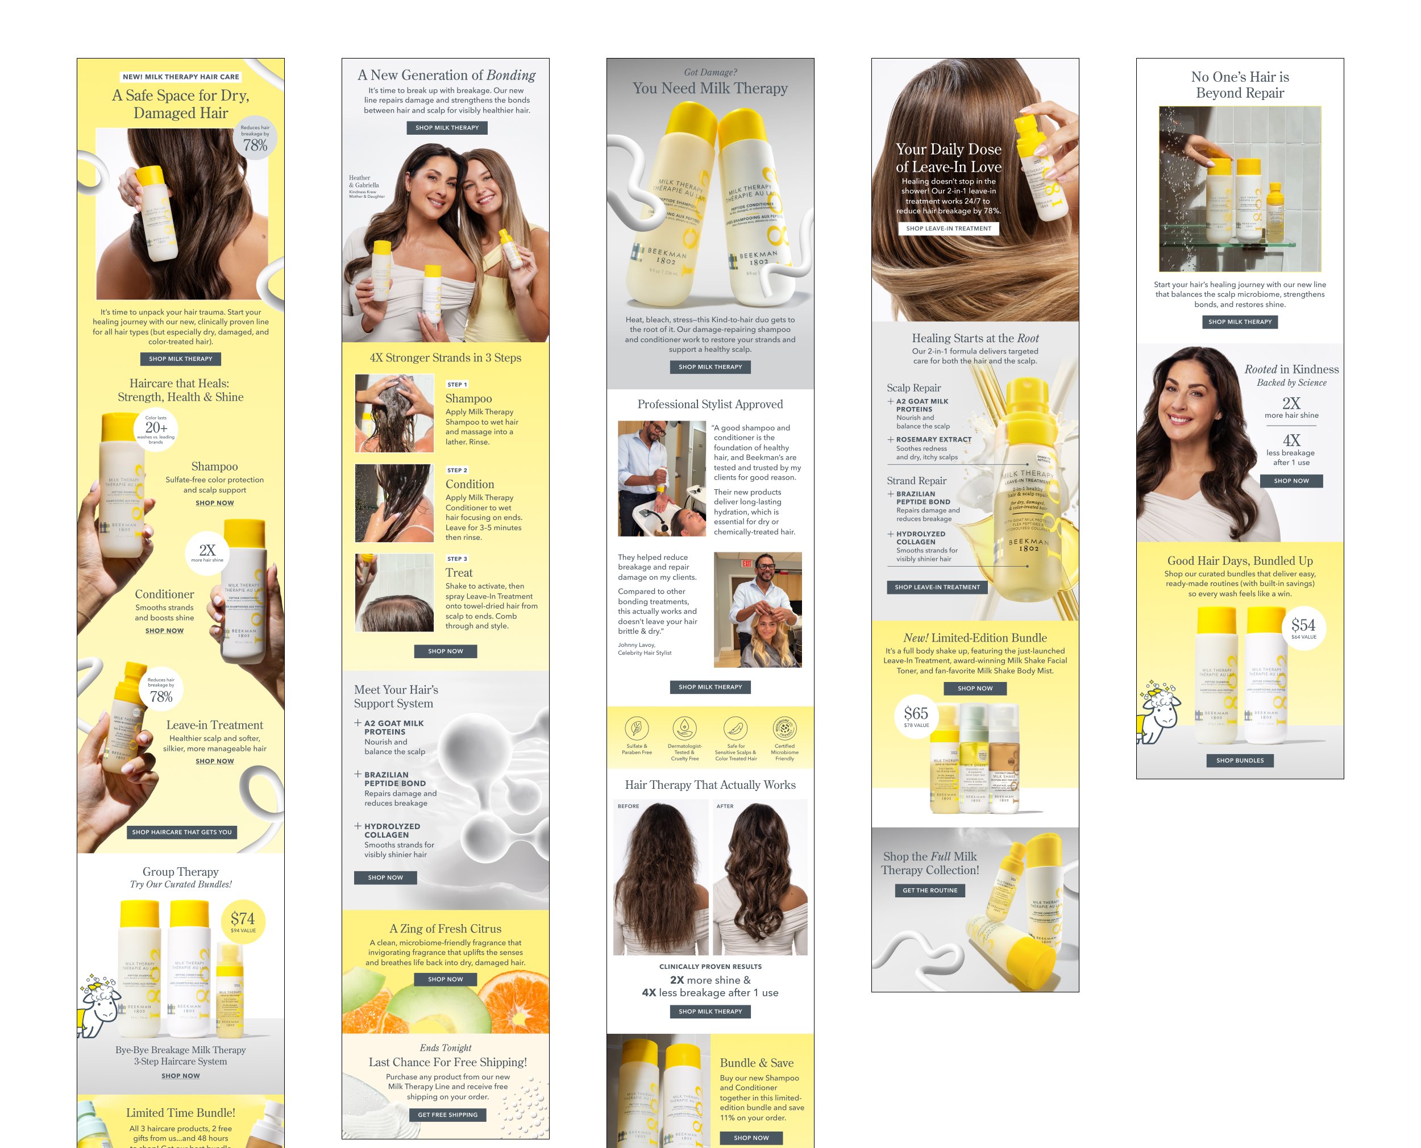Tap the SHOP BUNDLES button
point(1239,760)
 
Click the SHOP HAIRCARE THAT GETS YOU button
point(181,832)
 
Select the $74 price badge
point(243,921)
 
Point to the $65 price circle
point(916,716)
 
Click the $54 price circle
point(1303,627)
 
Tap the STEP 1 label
point(457,384)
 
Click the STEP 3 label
point(457,559)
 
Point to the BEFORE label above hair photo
point(628,806)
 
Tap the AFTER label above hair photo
point(725,806)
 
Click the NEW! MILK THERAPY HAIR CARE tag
point(181,77)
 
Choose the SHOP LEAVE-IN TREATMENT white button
point(948,228)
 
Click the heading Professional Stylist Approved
point(709,404)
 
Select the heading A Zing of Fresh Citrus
point(445,929)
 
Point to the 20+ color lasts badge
point(156,429)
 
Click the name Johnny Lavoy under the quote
point(636,645)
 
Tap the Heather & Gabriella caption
point(364,182)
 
